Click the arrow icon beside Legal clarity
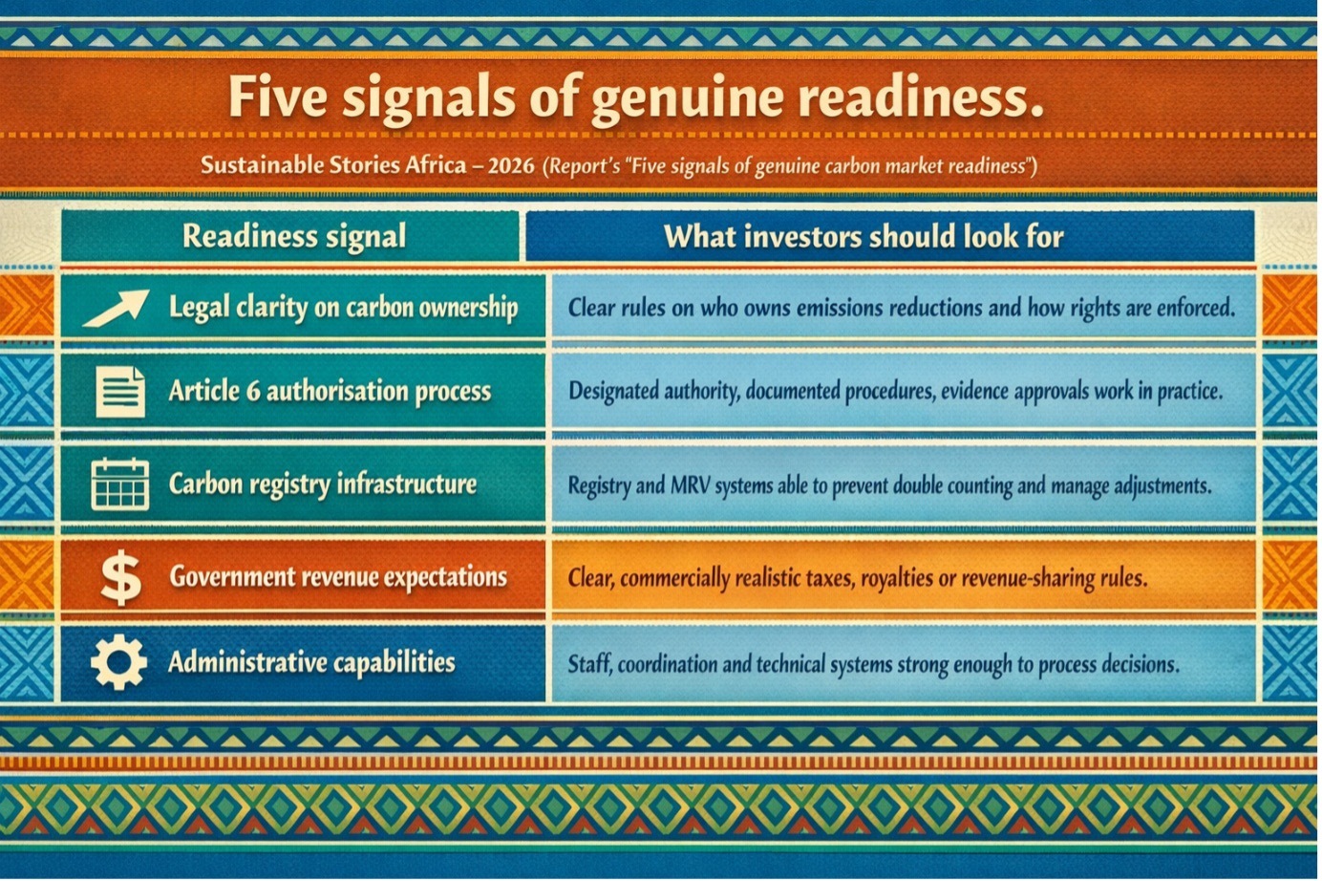pos(117,308)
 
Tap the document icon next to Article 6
pos(120,392)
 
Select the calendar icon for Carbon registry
pos(120,484)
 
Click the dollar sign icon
pos(121,577)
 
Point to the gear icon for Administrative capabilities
pos(119,662)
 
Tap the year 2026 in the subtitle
pos(512,166)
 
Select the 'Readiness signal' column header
pos(294,236)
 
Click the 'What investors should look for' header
pos(864,236)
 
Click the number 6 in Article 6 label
pos(254,392)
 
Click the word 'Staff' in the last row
pos(590,665)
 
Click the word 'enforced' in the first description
pos(1194,308)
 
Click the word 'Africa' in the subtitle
pos(436,165)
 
